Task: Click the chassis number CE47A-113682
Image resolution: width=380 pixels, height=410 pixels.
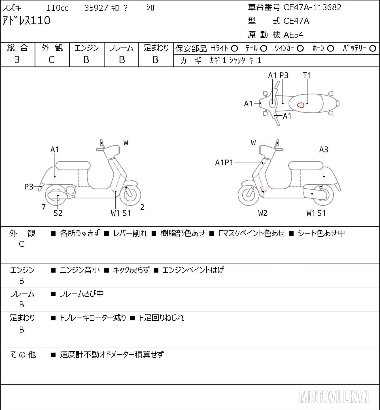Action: tap(312, 7)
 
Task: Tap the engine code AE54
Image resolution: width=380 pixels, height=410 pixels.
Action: tap(294, 35)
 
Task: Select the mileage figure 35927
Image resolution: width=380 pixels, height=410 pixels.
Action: tap(96, 8)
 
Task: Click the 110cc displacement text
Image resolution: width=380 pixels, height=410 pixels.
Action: tap(57, 8)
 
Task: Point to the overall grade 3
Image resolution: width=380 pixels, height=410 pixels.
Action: tap(17, 60)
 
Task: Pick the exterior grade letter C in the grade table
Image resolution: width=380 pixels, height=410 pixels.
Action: tap(52, 60)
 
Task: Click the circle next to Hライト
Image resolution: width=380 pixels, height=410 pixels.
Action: tap(234, 49)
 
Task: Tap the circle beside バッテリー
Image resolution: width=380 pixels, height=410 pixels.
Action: tap(373, 49)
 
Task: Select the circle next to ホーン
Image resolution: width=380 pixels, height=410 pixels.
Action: tap(330, 49)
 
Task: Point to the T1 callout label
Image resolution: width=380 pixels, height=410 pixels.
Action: tap(307, 75)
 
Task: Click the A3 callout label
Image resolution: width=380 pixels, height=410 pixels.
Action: tap(324, 149)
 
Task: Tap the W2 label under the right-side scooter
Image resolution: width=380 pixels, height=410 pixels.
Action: tap(263, 213)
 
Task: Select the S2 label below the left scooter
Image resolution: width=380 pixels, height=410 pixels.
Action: tap(58, 213)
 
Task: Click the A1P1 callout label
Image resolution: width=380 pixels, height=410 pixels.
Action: tap(224, 163)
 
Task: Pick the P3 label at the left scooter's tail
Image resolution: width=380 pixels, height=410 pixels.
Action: tap(29, 187)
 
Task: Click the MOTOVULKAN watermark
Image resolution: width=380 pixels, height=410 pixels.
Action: tap(334, 397)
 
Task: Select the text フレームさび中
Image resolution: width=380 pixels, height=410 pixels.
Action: tap(82, 294)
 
